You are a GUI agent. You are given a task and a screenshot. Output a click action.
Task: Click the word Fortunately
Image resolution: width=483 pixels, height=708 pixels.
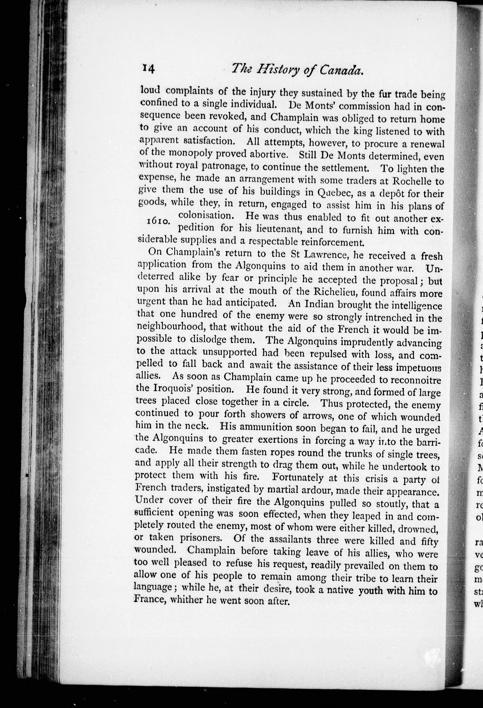click(x=298, y=477)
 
